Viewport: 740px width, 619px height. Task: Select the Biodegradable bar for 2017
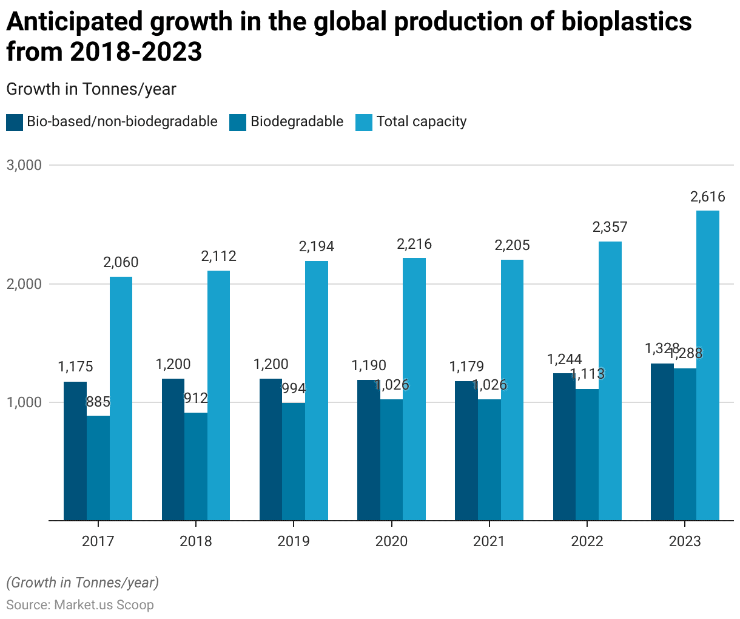(98, 468)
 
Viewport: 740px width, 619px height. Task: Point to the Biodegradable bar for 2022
(587, 455)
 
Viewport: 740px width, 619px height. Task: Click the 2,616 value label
(708, 197)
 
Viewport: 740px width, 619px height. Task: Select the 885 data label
(98, 402)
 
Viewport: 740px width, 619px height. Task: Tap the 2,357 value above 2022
(610, 228)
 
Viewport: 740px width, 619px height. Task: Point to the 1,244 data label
(564, 359)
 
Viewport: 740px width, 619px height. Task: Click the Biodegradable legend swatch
(238, 122)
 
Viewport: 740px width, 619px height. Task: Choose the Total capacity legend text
(422, 122)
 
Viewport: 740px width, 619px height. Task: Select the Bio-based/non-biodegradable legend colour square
(15, 122)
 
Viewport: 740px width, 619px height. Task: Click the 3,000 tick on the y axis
(24, 165)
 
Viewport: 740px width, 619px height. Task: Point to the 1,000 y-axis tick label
(24, 402)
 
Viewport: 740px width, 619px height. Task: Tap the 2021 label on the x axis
(489, 541)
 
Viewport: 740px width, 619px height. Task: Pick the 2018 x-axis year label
(196, 541)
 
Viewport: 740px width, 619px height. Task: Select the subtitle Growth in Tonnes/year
(91, 89)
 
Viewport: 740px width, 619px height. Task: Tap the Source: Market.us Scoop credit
(80, 605)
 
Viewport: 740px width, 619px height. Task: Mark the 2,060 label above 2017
(121, 263)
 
